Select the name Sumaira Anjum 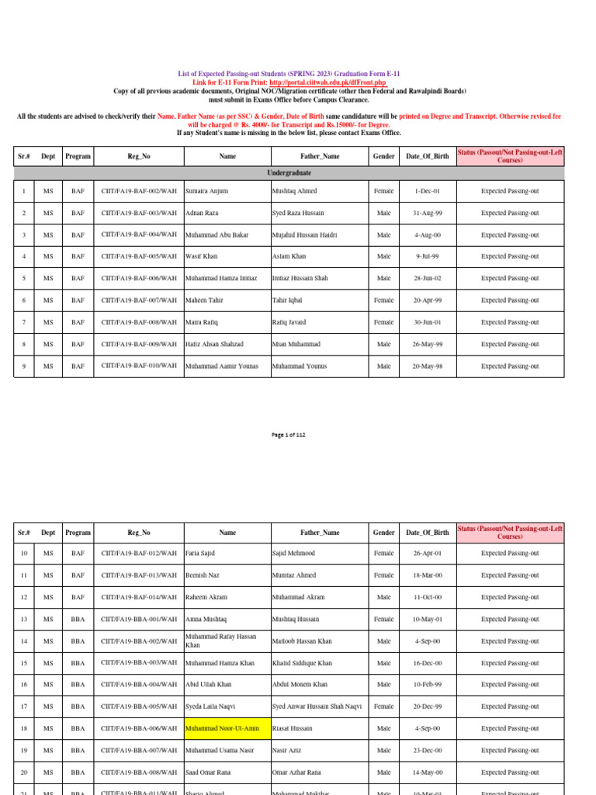click(x=207, y=191)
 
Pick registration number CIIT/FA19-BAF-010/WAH click(x=138, y=366)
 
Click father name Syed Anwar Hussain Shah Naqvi click(x=317, y=707)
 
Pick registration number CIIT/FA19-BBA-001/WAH click(x=138, y=619)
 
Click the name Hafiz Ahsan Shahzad click(x=214, y=344)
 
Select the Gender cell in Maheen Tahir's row click(x=383, y=300)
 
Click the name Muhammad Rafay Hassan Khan click(x=220, y=641)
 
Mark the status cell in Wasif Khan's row click(x=509, y=256)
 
